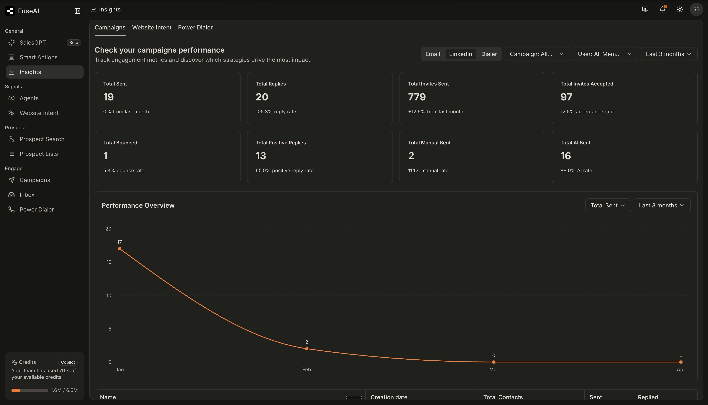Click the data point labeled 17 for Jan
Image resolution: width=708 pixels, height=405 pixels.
(x=119, y=249)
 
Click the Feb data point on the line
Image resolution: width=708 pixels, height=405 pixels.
(x=307, y=349)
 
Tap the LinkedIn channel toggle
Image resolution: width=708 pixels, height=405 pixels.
(x=460, y=54)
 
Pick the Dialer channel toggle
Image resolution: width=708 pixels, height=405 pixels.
(x=489, y=54)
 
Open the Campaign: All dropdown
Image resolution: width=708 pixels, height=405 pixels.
(x=537, y=54)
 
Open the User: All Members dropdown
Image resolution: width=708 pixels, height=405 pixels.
(x=605, y=54)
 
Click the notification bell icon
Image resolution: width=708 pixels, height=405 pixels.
(x=662, y=9)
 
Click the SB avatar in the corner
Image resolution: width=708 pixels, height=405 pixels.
(x=696, y=9)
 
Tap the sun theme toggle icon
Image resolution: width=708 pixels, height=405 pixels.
(x=680, y=9)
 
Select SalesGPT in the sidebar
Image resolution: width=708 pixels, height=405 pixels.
(x=33, y=43)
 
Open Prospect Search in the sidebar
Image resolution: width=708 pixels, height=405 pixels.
(x=42, y=139)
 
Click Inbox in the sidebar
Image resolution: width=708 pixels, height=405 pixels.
(x=27, y=195)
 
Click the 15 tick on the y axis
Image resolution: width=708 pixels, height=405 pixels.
(x=109, y=262)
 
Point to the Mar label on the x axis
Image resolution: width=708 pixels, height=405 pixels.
(x=494, y=369)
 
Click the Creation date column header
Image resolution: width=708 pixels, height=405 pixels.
(x=389, y=397)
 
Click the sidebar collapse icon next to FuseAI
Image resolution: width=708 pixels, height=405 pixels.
(x=77, y=11)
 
